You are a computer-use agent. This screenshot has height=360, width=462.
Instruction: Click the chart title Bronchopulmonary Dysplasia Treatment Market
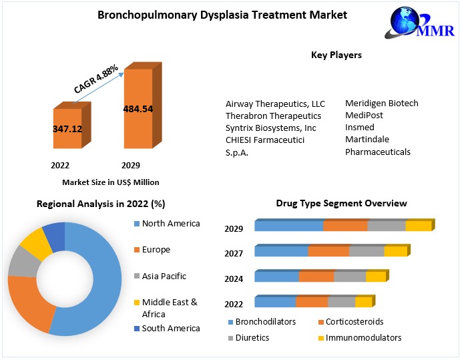click(222, 15)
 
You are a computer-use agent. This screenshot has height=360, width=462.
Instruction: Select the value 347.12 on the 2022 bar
click(67, 128)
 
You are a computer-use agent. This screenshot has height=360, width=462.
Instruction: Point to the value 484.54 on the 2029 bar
click(138, 108)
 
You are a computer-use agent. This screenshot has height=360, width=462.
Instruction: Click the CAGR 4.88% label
click(96, 79)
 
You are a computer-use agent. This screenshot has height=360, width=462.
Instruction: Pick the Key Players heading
click(336, 55)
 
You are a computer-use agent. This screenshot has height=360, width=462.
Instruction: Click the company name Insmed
click(360, 127)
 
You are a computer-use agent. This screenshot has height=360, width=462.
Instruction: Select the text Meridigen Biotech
click(381, 103)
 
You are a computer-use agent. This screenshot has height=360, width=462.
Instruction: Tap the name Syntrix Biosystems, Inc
click(270, 128)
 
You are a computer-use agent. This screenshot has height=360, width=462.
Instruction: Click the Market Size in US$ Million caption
click(111, 182)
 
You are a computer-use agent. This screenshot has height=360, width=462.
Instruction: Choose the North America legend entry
click(171, 224)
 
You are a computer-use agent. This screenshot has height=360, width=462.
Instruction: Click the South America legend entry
click(170, 328)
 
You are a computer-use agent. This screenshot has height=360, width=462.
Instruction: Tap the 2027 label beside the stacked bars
click(234, 253)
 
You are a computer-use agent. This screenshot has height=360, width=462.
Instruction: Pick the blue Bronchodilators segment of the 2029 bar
click(288, 226)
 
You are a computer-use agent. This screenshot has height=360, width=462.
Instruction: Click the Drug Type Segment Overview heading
click(341, 203)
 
